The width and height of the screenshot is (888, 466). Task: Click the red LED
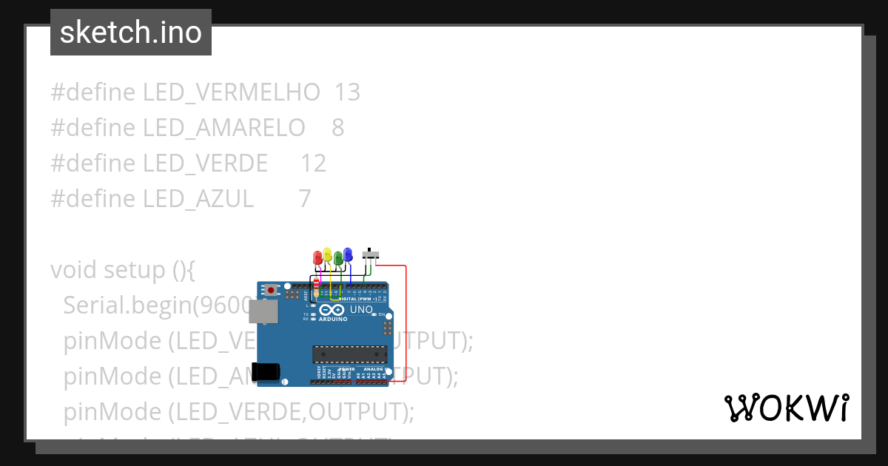318,258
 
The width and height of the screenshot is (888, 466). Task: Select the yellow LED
328,256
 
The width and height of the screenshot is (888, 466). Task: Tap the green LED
338,258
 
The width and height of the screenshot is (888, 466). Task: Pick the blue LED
348,256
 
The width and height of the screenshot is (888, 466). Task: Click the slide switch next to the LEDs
372,256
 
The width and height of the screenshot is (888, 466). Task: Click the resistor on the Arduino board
317,287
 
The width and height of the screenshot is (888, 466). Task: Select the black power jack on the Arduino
267,372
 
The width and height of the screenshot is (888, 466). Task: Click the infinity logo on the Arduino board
333,310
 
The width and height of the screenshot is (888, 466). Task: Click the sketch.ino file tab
131,33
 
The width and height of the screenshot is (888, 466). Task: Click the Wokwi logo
786,408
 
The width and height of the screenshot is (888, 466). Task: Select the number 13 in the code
347,92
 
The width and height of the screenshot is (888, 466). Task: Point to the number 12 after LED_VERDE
313,163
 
